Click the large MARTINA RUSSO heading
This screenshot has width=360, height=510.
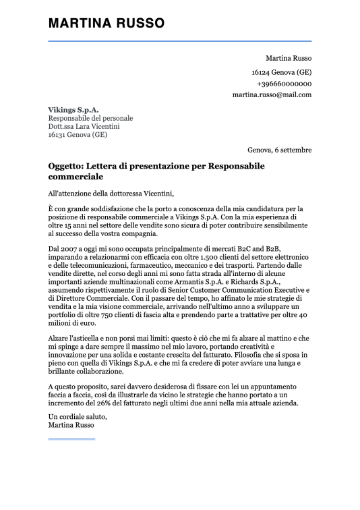point(106,24)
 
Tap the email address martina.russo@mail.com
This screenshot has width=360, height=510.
point(272,94)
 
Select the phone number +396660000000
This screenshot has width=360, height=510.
point(284,83)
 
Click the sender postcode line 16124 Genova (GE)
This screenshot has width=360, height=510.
point(281,72)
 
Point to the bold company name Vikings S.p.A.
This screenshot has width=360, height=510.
point(73,109)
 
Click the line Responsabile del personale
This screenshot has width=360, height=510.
point(90,118)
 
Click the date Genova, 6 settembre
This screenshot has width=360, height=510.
point(279,149)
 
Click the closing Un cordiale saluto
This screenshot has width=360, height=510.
point(78,417)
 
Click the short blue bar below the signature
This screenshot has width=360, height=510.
point(71,439)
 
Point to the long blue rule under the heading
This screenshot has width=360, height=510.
point(180,41)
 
